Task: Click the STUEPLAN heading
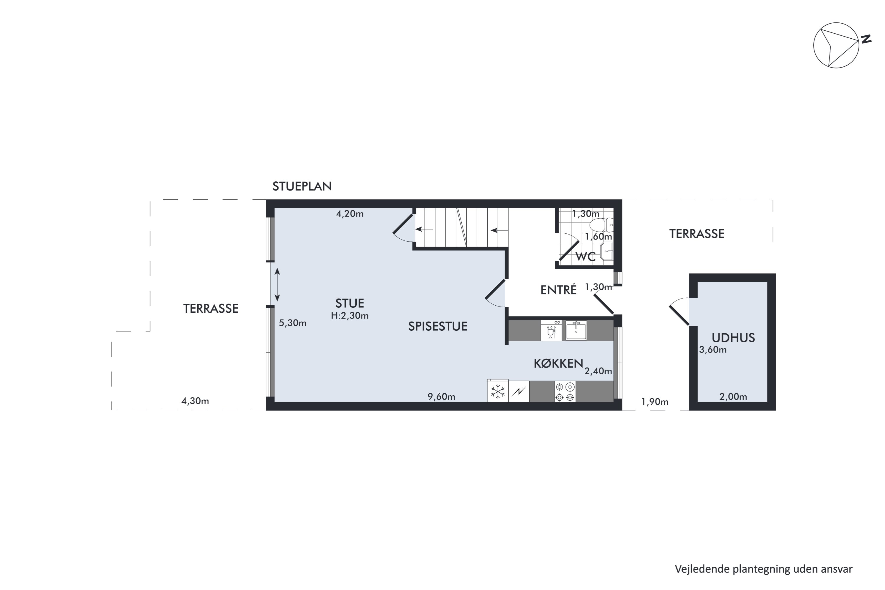click(x=302, y=186)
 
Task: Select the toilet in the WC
click(x=601, y=225)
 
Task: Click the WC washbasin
click(x=607, y=251)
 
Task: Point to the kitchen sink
click(x=576, y=330)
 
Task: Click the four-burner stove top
click(x=565, y=391)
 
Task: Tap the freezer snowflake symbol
click(x=498, y=391)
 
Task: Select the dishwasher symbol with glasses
click(x=551, y=330)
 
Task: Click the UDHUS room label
click(x=733, y=338)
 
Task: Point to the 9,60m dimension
click(x=441, y=396)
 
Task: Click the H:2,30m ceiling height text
click(x=350, y=316)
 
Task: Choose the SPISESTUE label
click(x=437, y=326)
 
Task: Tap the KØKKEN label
click(x=558, y=363)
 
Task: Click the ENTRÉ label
click(x=558, y=290)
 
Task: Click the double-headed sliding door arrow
click(x=277, y=285)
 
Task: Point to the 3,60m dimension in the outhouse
click(x=713, y=350)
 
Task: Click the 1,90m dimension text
click(x=655, y=402)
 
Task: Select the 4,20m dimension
click(x=350, y=214)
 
